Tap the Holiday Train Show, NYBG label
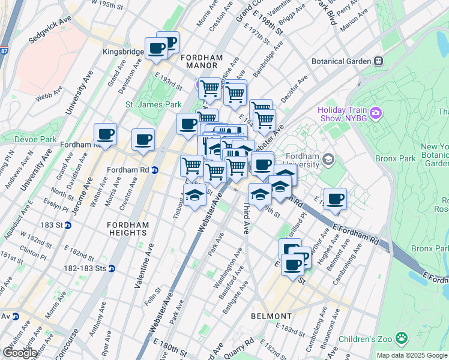click(345, 114)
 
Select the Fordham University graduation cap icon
click(328, 160)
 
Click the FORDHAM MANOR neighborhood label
click(202, 62)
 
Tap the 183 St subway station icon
click(68, 226)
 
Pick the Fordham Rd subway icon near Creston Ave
click(154, 170)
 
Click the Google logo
click(20, 352)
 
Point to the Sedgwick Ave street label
click(50, 38)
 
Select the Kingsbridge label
click(123, 52)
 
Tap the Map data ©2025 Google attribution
click(411, 355)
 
